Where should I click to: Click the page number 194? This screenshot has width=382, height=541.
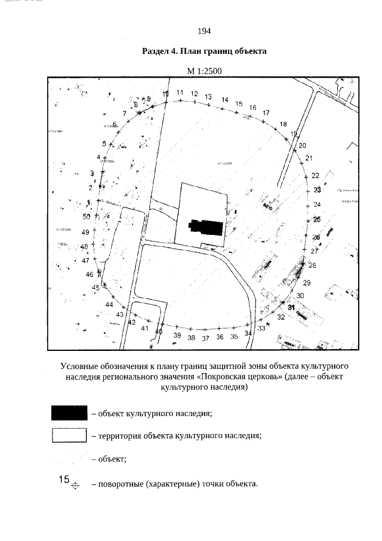204,31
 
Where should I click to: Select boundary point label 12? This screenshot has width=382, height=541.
195,94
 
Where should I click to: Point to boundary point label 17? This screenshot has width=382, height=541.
266,112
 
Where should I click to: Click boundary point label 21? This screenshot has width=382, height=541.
309,158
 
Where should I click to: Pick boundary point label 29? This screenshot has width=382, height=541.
307,283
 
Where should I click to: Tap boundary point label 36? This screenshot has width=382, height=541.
220,337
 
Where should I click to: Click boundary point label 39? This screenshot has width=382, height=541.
177,336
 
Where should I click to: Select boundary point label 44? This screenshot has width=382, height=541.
109,305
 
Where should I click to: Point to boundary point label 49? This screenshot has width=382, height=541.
85,232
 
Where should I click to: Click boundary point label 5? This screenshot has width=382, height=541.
104,143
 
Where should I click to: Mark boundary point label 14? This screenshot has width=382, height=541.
225,100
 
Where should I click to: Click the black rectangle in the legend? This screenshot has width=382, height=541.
69,412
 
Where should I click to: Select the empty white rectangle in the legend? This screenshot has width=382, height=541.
69,435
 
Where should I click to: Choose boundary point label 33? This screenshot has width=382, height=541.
261,328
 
